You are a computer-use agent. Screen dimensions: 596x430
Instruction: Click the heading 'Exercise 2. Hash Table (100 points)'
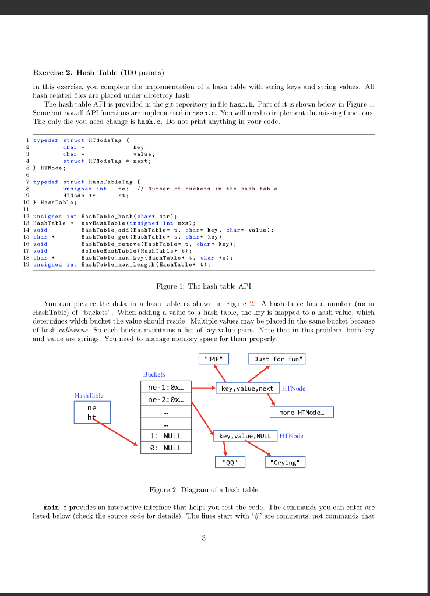tap(98, 73)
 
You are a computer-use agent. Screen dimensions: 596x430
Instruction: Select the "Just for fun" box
tap(277, 359)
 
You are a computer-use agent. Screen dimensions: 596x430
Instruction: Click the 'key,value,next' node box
tap(246, 388)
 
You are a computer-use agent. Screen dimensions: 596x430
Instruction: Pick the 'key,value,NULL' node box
tap(245, 435)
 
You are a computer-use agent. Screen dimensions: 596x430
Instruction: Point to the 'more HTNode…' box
tap(302, 413)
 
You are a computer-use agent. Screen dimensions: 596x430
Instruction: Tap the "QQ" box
tap(230, 463)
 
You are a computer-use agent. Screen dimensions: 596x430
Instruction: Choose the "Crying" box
tap(285, 463)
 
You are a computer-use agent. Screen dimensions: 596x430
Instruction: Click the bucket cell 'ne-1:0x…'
tap(165, 387)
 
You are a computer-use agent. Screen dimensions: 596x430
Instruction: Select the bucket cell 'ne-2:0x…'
tap(165, 400)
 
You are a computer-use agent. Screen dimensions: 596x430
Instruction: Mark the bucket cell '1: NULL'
tap(165, 435)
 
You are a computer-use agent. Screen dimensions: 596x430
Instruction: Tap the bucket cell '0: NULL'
tap(165, 448)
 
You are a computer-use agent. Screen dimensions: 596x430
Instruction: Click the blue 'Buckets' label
tap(154, 374)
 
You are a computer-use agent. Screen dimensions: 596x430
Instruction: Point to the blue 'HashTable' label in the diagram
tap(89, 395)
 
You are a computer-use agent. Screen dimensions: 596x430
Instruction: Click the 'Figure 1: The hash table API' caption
tap(203, 286)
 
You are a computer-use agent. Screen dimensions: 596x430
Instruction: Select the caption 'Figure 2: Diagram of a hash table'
tap(203, 489)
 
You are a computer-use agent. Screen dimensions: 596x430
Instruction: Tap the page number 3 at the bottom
tap(203, 538)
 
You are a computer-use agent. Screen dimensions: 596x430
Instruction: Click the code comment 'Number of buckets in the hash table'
tap(213, 189)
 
